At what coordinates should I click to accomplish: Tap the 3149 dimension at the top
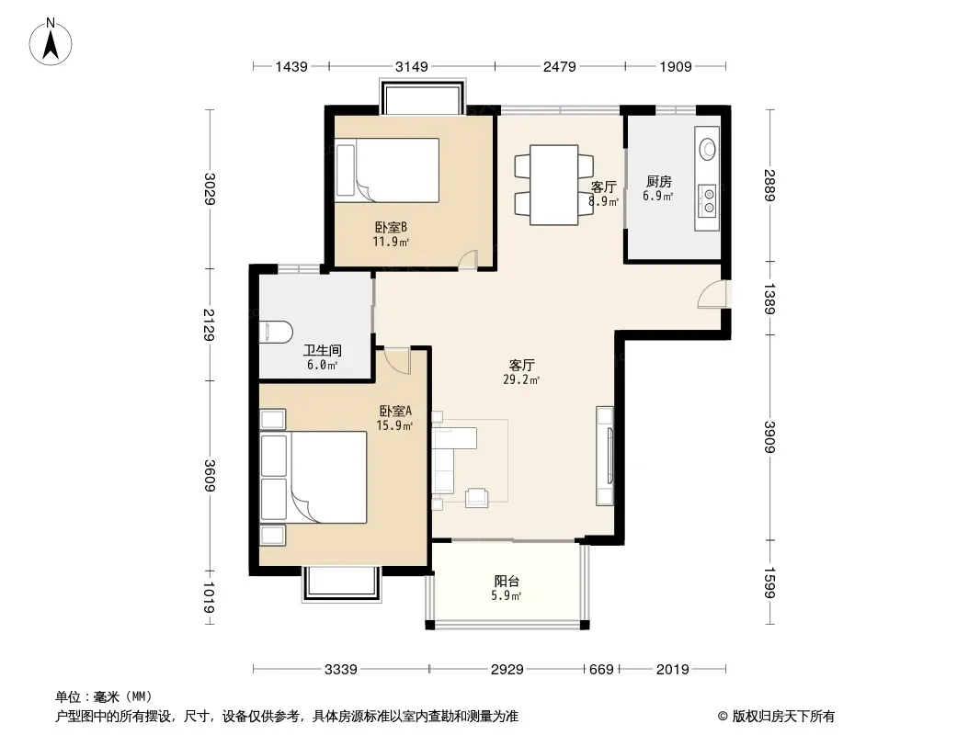[x=412, y=66]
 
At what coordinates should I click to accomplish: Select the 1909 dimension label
[x=676, y=66]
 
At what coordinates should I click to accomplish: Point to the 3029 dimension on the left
[x=210, y=189]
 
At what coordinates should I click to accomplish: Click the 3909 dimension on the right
[x=769, y=437]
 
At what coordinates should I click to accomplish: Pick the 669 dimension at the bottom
[x=601, y=670]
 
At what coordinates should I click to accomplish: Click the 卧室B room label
[x=391, y=227]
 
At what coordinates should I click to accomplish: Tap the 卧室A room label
[x=395, y=412]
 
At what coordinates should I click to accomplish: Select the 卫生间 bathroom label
[x=323, y=351]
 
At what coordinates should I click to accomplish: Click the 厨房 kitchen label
[x=659, y=182]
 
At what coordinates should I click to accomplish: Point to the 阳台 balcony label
[x=507, y=582]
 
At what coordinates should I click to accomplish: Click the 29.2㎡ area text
[x=521, y=379]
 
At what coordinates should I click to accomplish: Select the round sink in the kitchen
[x=708, y=149]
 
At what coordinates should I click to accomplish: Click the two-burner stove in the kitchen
[x=709, y=200]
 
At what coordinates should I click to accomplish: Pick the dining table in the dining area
[x=553, y=185]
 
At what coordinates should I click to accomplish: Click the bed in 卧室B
[x=387, y=171]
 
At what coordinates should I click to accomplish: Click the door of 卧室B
[x=467, y=260]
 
